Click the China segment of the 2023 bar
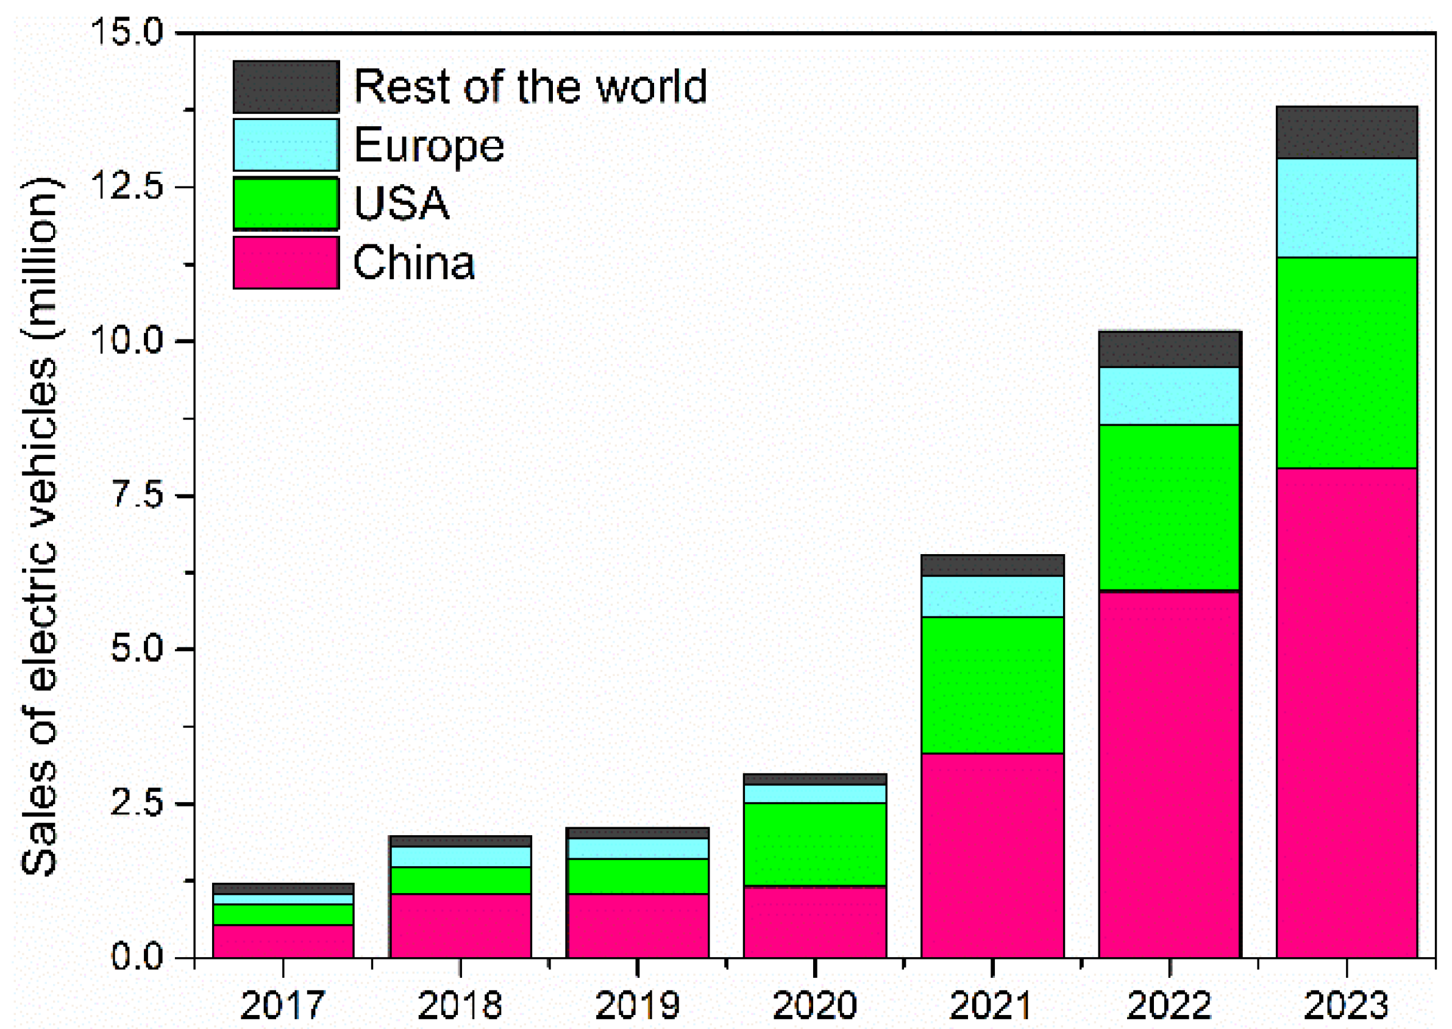pyautogui.click(x=1346, y=713)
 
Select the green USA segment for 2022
pyautogui.click(x=1169, y=508)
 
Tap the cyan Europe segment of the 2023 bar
pyautogui.click(x=1346, y=208)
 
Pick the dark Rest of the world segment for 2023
pyautogui.click(x=1346, y=132)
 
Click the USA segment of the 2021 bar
pyautogui.click(x=992, y=685)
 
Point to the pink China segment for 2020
pyautogui.click(x=814, y=922)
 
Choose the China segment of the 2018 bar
pyautogui.click(x=461, y=926)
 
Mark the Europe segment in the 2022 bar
pyautogui.click(x=1169, y=396)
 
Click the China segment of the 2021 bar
pyautogui.click(x=992, y=855)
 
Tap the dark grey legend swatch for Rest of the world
pyautogui.click(x=286, y=87)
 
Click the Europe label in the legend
pyautogui.click(x=429, y=146)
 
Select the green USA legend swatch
pyautogui.click(x=286, y=204)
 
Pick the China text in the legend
pyautogui.click(x=414, y=262)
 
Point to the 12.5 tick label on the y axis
pyautogui.click(x=127, y=187)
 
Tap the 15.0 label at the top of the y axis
pyautogui.click(x=127, y=32)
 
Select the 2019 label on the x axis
pyautogui.click(x=638, y=1005)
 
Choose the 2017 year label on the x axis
pyautogui.click(x=283, y=1005)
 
